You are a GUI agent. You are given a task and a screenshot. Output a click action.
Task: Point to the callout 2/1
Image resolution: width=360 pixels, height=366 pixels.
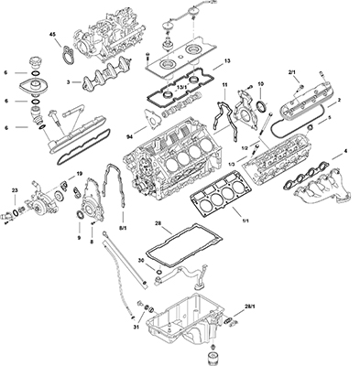292,71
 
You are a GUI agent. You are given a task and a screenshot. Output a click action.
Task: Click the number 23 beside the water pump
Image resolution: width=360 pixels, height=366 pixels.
14,191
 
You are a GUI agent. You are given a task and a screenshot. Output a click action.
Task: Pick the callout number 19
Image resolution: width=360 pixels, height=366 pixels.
80,173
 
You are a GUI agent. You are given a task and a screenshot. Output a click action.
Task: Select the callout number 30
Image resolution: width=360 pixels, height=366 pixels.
141,259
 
